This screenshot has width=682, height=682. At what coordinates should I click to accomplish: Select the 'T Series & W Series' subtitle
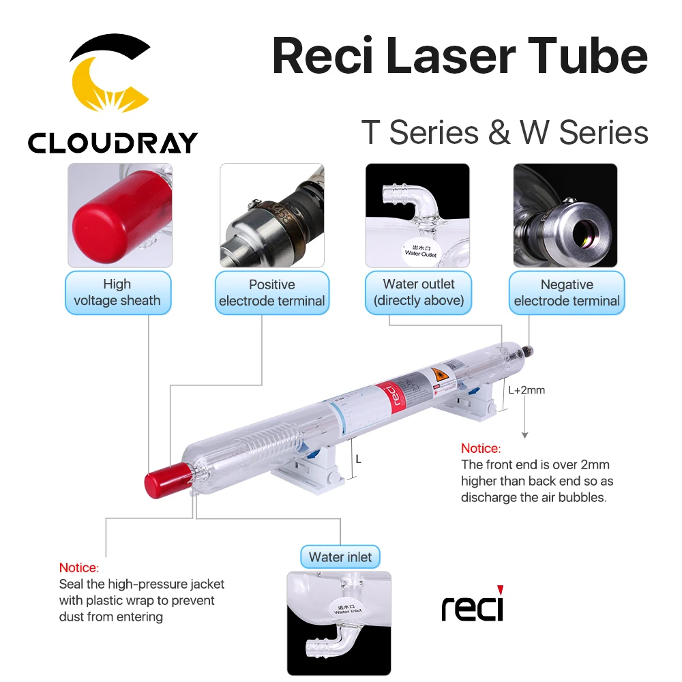tap(505, 132)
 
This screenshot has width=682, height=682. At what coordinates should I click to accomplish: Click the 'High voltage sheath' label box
tap(117, 293)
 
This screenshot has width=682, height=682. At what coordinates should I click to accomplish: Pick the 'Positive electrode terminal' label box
tap(272, 293)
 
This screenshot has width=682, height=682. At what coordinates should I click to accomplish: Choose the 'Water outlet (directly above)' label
tap(418, 293)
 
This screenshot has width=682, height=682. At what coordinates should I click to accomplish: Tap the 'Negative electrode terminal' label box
tap(566, 293)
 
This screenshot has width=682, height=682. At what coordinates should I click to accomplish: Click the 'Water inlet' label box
tap(340, 557)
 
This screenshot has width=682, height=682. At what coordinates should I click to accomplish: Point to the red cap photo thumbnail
tap(120, 215)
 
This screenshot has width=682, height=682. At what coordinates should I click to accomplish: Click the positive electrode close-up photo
tap(271, 215)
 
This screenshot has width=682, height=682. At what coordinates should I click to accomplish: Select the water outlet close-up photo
tap(417, 215)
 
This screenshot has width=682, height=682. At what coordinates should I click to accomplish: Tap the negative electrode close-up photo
tap(565, 215)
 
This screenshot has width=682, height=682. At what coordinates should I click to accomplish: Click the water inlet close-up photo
tap(339, 623)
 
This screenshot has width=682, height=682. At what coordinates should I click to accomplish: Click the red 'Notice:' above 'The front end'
tap(481, 449)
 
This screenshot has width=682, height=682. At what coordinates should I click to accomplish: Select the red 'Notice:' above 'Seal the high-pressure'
tap(79, 567)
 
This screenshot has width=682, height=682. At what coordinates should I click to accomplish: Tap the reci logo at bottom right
tap(472, 604)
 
